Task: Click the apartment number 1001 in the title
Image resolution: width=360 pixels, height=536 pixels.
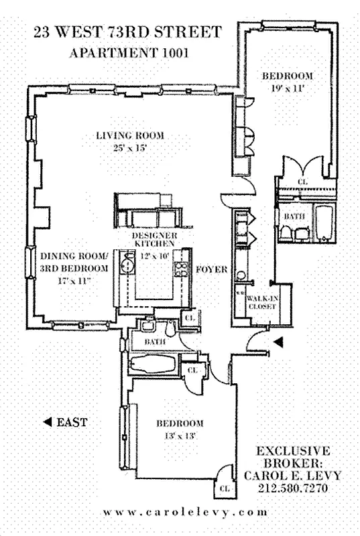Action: pyautogui.click(x=176, y=53)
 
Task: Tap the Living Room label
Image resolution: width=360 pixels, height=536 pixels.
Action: pyautogui.click(x=130, y=135)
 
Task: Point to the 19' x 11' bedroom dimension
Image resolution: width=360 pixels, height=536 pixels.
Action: pyautogui.click(x=287, y=88)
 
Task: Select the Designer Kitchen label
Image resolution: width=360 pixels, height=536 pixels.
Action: pyautogui.click(x=155, y=239)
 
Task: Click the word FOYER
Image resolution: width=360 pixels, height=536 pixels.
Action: pyautogui.click(x=212, y=269)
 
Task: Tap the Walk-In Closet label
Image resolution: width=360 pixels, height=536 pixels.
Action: pyautogui.click(x=263, y=302)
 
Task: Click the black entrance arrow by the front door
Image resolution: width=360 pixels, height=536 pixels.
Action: pyautogui.click(x=279, y=342)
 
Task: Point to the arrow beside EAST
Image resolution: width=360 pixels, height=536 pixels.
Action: pyautogui.click(x=48, y=422)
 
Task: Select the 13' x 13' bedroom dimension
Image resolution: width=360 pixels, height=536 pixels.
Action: pyautogui.click(x=180, y=436)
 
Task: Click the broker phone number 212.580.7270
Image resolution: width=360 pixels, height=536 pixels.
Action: pyautogui.click(x=293, y=488)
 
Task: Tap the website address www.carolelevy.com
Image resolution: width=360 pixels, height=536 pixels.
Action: pyautogui.click(x=186, y=513)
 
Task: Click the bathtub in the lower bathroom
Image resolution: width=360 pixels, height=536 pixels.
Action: pyautogui.click(x=154, y=364)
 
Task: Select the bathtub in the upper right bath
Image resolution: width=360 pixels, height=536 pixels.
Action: pyautogui.click(x=324, y=222)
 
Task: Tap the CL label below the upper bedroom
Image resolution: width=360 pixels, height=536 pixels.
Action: pyautogui.click(x=303, y=182)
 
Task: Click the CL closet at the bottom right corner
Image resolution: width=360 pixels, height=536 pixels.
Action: pyautogui.click(x=225, y=488)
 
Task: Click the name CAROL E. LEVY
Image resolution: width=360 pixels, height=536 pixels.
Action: pyautogui.click(x=293, y=476)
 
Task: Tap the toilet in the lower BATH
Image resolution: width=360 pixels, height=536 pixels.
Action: pyautogui.click(x=170, y=328)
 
